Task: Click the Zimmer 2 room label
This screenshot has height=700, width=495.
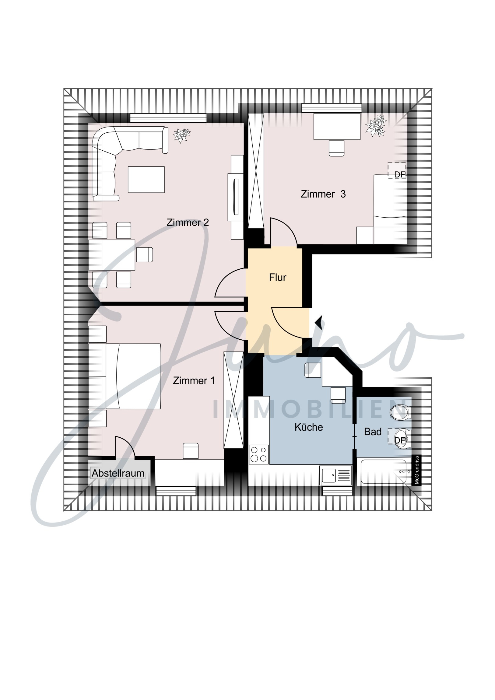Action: click(x=188, y=222)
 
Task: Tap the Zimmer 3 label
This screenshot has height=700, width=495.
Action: click(x=323, y=194)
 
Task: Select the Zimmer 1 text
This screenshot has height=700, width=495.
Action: click(x=194, y=380)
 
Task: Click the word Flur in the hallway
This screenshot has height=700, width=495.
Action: click(x=278, y=278)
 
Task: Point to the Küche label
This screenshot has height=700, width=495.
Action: click(x=309, y=427)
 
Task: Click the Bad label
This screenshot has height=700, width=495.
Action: click(x=373, y=432)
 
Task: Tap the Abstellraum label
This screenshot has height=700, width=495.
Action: click(x=118, y=473)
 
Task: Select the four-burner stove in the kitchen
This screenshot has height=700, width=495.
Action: click(x=259, y=454)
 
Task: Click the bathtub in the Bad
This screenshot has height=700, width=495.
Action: click(x=384, y=472)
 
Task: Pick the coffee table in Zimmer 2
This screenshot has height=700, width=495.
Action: click(x=146, y=180)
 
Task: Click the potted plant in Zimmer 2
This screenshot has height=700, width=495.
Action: click(x=181, y=135)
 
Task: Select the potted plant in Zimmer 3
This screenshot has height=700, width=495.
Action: click(x=376, y=125)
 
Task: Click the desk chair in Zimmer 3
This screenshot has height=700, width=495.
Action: click(x=336, y=148)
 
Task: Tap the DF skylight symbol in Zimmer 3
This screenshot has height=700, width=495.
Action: click(x=397, y=170)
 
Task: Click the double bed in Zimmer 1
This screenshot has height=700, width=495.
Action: click(x=133, y=376)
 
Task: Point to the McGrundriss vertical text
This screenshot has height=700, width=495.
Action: click(x=417, y=470)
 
